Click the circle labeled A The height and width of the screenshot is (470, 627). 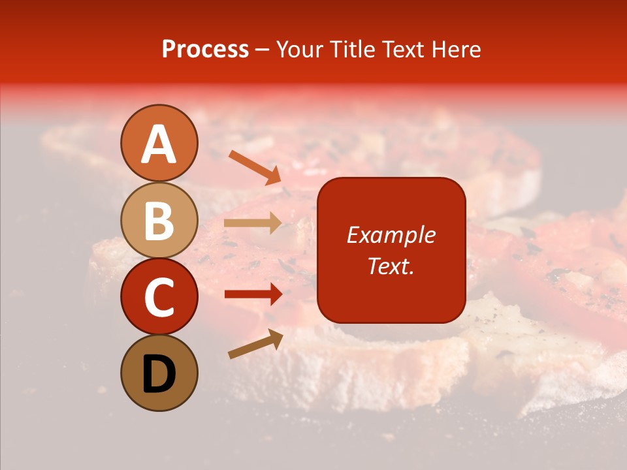[x=159, y=143]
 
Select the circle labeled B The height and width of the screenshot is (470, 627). [x=159, y=220]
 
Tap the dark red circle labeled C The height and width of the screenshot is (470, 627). [x=159, y=296]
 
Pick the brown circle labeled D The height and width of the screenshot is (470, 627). [x=159, y=373]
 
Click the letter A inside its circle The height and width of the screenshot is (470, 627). [x=159, y=144]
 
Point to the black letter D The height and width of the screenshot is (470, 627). [x=159, y=374]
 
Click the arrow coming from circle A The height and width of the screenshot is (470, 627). [x=254, y=166]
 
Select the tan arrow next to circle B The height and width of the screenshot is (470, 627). [x=252, y=223]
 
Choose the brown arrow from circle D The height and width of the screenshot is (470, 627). [x=255, y=343]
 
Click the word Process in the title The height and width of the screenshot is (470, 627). [x=205, y=49]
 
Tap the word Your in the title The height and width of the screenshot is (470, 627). [x=300, y=49]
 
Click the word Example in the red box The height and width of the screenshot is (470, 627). [x=391, y=235]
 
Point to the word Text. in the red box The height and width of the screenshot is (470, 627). [x=391, y=266]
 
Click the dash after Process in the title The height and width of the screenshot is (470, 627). [x=262, y=50]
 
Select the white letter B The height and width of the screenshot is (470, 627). [x=159, y=221]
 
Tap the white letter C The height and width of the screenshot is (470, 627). [x=159, y=298]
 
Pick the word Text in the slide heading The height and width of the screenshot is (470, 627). [x=401, y=49]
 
